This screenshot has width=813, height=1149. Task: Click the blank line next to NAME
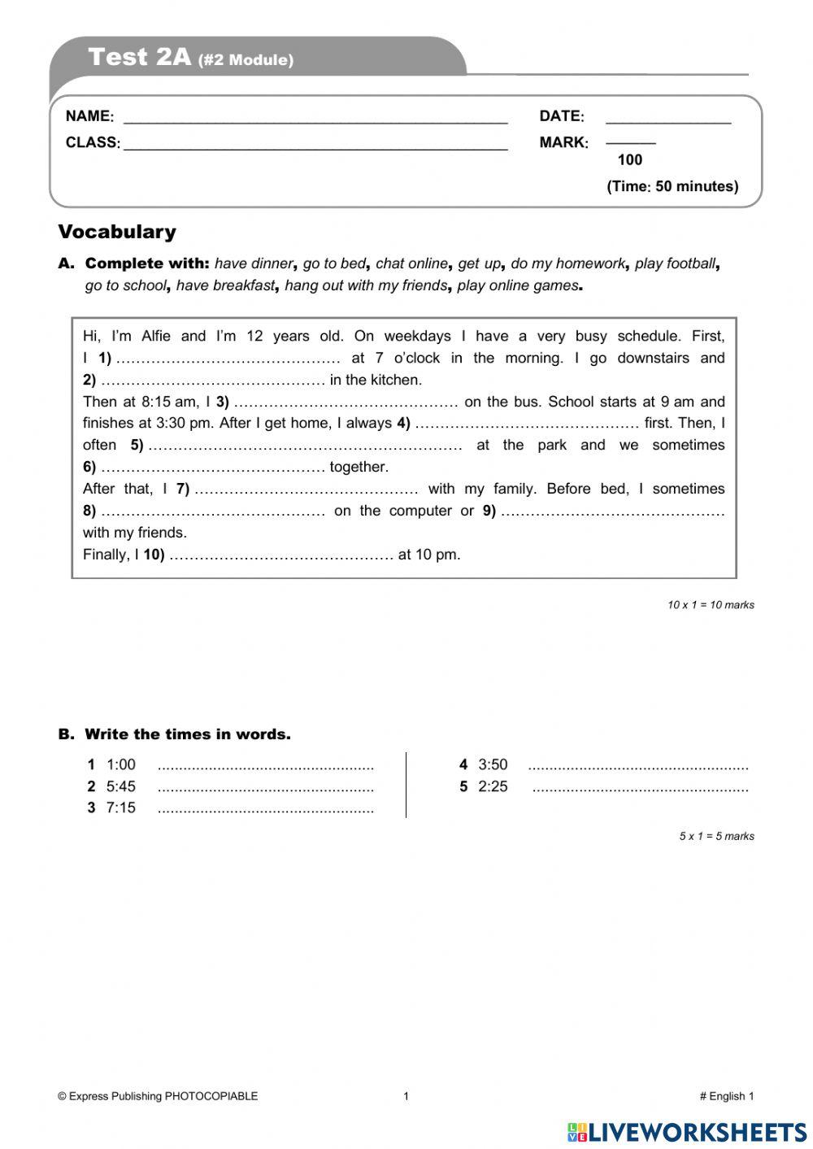315,119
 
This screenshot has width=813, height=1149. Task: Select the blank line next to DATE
668,119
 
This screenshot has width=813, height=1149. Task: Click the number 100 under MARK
629,160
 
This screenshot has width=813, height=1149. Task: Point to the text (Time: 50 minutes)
672,186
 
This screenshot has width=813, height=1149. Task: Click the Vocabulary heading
117,232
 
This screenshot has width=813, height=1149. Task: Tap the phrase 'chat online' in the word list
411,263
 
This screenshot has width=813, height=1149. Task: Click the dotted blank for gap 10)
281,555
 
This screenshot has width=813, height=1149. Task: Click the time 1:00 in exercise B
121,765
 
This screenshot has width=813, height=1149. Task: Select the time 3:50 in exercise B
493,765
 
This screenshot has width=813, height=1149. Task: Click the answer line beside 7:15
265,810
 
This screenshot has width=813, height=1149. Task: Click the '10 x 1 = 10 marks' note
711,605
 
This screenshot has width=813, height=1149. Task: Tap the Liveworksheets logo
687,1132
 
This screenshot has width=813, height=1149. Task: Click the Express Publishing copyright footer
158,1096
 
